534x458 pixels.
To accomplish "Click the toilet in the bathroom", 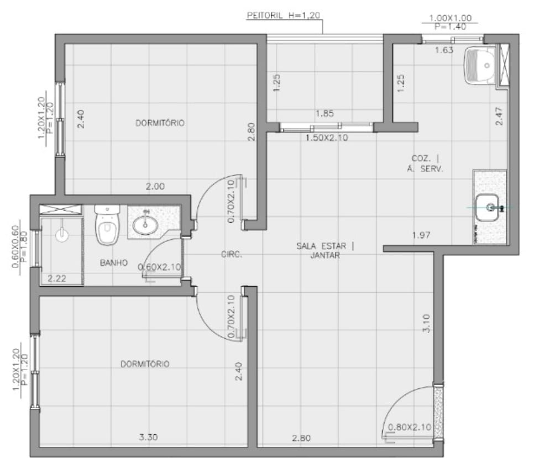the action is [107, 224].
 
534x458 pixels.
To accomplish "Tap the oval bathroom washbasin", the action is [145, 224].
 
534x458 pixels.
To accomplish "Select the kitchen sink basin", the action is [488, 207].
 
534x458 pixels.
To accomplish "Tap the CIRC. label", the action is [232, 254].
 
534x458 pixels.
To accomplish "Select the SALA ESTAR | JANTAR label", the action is [325, 250].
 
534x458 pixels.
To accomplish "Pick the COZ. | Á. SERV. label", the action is [425, 164].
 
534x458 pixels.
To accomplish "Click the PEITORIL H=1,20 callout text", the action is [284, 15].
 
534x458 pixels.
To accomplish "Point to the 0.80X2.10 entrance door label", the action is [410, 427].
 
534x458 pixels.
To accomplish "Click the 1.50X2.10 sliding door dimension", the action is [327, 138].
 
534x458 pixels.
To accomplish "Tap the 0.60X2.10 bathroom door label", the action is [159, 267].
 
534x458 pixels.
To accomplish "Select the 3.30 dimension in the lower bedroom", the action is [149, 437].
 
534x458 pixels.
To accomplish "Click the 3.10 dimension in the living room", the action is [426, 323].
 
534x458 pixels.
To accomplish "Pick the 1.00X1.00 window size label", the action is [450, 18].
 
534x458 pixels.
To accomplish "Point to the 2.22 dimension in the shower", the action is [57, 278].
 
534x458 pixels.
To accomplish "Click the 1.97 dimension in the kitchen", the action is [421, 235].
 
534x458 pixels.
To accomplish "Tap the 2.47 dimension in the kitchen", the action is [499, 117].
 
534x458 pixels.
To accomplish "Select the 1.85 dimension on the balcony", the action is [324, 113].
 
